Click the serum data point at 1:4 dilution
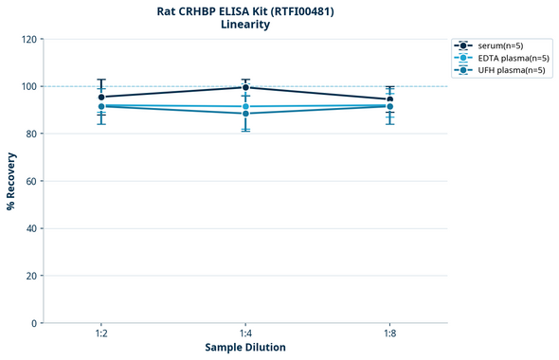(245, 87)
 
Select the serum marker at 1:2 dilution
(101, 97)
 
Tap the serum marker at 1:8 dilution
(389, 99)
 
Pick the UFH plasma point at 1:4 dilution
(245, 114)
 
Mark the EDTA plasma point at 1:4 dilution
(245, 106)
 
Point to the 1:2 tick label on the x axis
(101, 333)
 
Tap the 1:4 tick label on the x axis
(245, 333)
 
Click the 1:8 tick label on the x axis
(389, 333)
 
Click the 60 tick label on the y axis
(31, 181)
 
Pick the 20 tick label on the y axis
(31, 276)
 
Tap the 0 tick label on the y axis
(34, 323)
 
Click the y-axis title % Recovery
(11, 181)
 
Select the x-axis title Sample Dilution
(245, 348)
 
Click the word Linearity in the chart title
(245, 25)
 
